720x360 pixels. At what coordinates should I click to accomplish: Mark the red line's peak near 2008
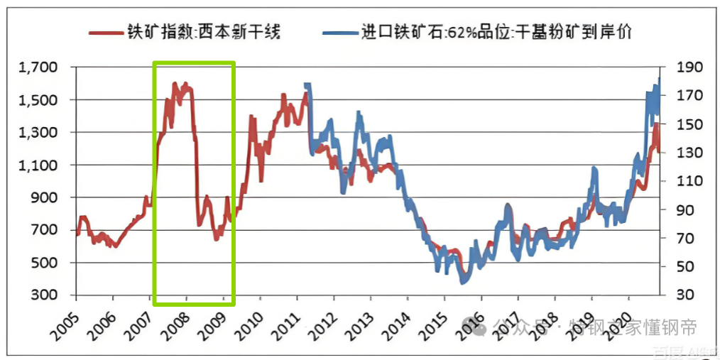pos(185,84)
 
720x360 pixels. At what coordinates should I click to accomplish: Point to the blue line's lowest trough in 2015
pos(462,283)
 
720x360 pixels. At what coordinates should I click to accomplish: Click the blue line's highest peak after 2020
pos(659,78)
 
